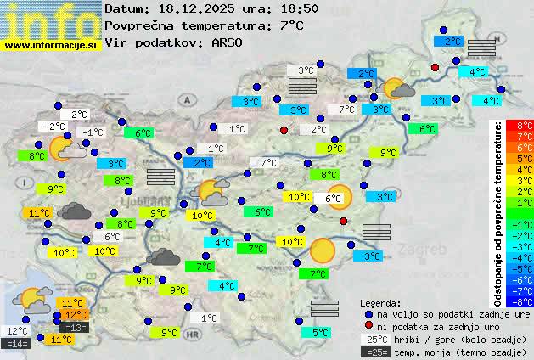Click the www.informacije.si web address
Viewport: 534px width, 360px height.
tap(51, 46)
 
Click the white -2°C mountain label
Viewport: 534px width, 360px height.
tap(53, 127)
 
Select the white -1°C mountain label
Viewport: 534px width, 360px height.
tap(91, 132)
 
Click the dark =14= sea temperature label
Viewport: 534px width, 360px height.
tap(16, 343)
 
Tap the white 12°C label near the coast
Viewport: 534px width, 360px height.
tap(16, 331)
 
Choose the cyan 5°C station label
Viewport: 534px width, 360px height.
tap(320, 333)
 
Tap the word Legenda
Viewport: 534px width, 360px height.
tap(379, 302)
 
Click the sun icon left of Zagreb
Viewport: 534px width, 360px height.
tap(322, 250)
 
